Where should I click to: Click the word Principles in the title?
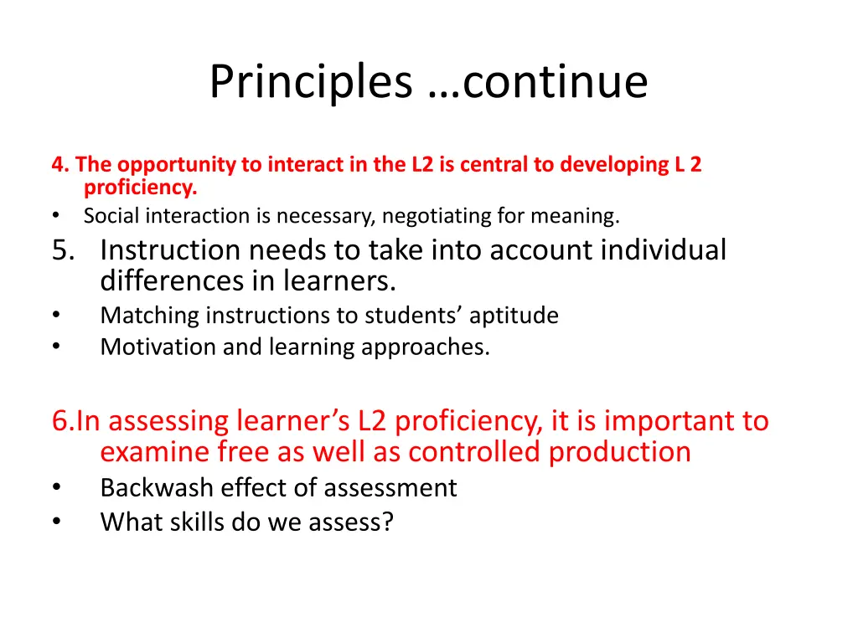point(310,82)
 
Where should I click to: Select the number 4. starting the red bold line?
point(59,165)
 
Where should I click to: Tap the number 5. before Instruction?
point(64,249)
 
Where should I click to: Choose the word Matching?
point(150,316)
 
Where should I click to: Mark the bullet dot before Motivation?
point(55,347)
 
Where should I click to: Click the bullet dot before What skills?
point(55,522)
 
